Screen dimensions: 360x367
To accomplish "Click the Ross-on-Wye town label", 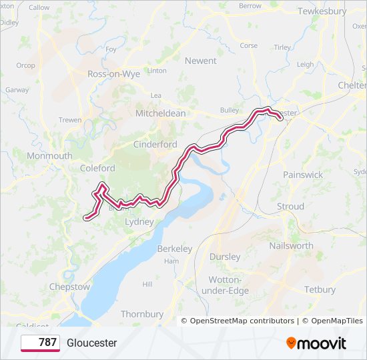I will [x=113, y=74].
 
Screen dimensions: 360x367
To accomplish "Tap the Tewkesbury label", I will [x=322, y=11].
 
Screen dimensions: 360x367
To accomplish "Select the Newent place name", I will [x=200, y=61].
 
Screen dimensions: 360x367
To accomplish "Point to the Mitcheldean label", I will [x=160, y=113].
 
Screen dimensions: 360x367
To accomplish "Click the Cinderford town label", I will [x=155, y=145].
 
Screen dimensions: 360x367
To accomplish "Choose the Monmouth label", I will [x=49, y=156].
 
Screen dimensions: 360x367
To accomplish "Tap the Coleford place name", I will [x=97, y=169].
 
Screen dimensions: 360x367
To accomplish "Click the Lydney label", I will [x=139, y=221].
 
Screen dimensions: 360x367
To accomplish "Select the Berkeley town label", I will [x=175, y=249].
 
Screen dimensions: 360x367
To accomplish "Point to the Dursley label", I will [x=224, y=256].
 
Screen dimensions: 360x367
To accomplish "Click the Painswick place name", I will [x=303, y=175].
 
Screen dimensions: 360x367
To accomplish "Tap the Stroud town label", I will [x=290, y=207].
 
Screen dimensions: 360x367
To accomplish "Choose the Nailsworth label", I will [x=291, y=245].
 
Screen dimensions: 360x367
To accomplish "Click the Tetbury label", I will [x=320, y=289].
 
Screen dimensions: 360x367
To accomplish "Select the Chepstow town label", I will [x=69, y=287].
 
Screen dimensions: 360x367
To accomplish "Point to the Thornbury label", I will [x=142, y=314].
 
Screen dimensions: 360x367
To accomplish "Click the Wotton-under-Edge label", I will [x=229, y=285].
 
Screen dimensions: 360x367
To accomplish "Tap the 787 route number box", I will [x=40, y=343].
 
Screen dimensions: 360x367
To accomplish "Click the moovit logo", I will [x=316, y=343].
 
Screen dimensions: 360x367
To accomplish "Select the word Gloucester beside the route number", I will [x=92, y=343].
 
